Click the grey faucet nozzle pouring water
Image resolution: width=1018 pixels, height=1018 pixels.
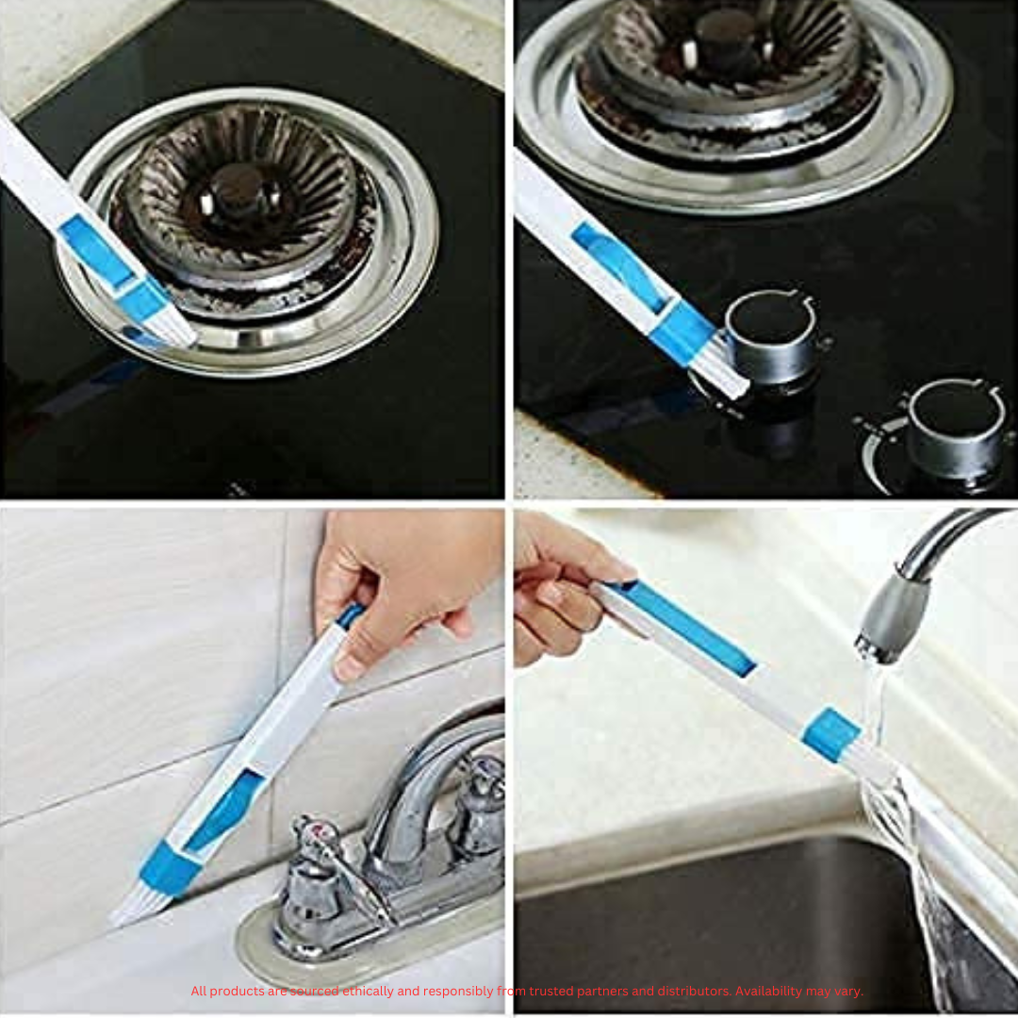click(x=891, y=616)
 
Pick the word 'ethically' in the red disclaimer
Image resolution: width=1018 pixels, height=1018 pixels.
click(x=369, y=992)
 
